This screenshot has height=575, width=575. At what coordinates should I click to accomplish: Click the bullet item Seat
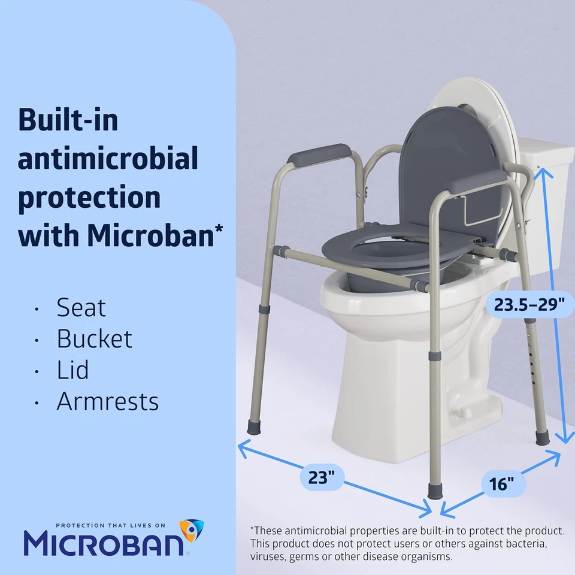pyautogui.click(x=81, y=308)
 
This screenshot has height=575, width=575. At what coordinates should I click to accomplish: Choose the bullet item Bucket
pyautogui.click(x=94, y=339)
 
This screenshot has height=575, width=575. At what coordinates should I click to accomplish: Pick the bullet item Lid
pyautogui.click(x=72, y=370)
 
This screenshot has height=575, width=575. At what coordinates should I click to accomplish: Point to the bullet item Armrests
pyautogui.click(x=108, y=401)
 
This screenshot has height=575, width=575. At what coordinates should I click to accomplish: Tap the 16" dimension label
pyautogui.click(x=498, y=483)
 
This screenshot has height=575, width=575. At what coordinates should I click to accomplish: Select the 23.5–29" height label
pyautogui.click(x=529, y=305)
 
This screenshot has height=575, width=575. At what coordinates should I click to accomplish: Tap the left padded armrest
pyautogui.click(x=317, y=155)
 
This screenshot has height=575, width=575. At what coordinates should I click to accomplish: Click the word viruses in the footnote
pyautogui.click(x=267, y=556)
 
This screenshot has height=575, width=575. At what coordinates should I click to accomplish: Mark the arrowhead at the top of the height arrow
pyautogui.click(x=543, y=171)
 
